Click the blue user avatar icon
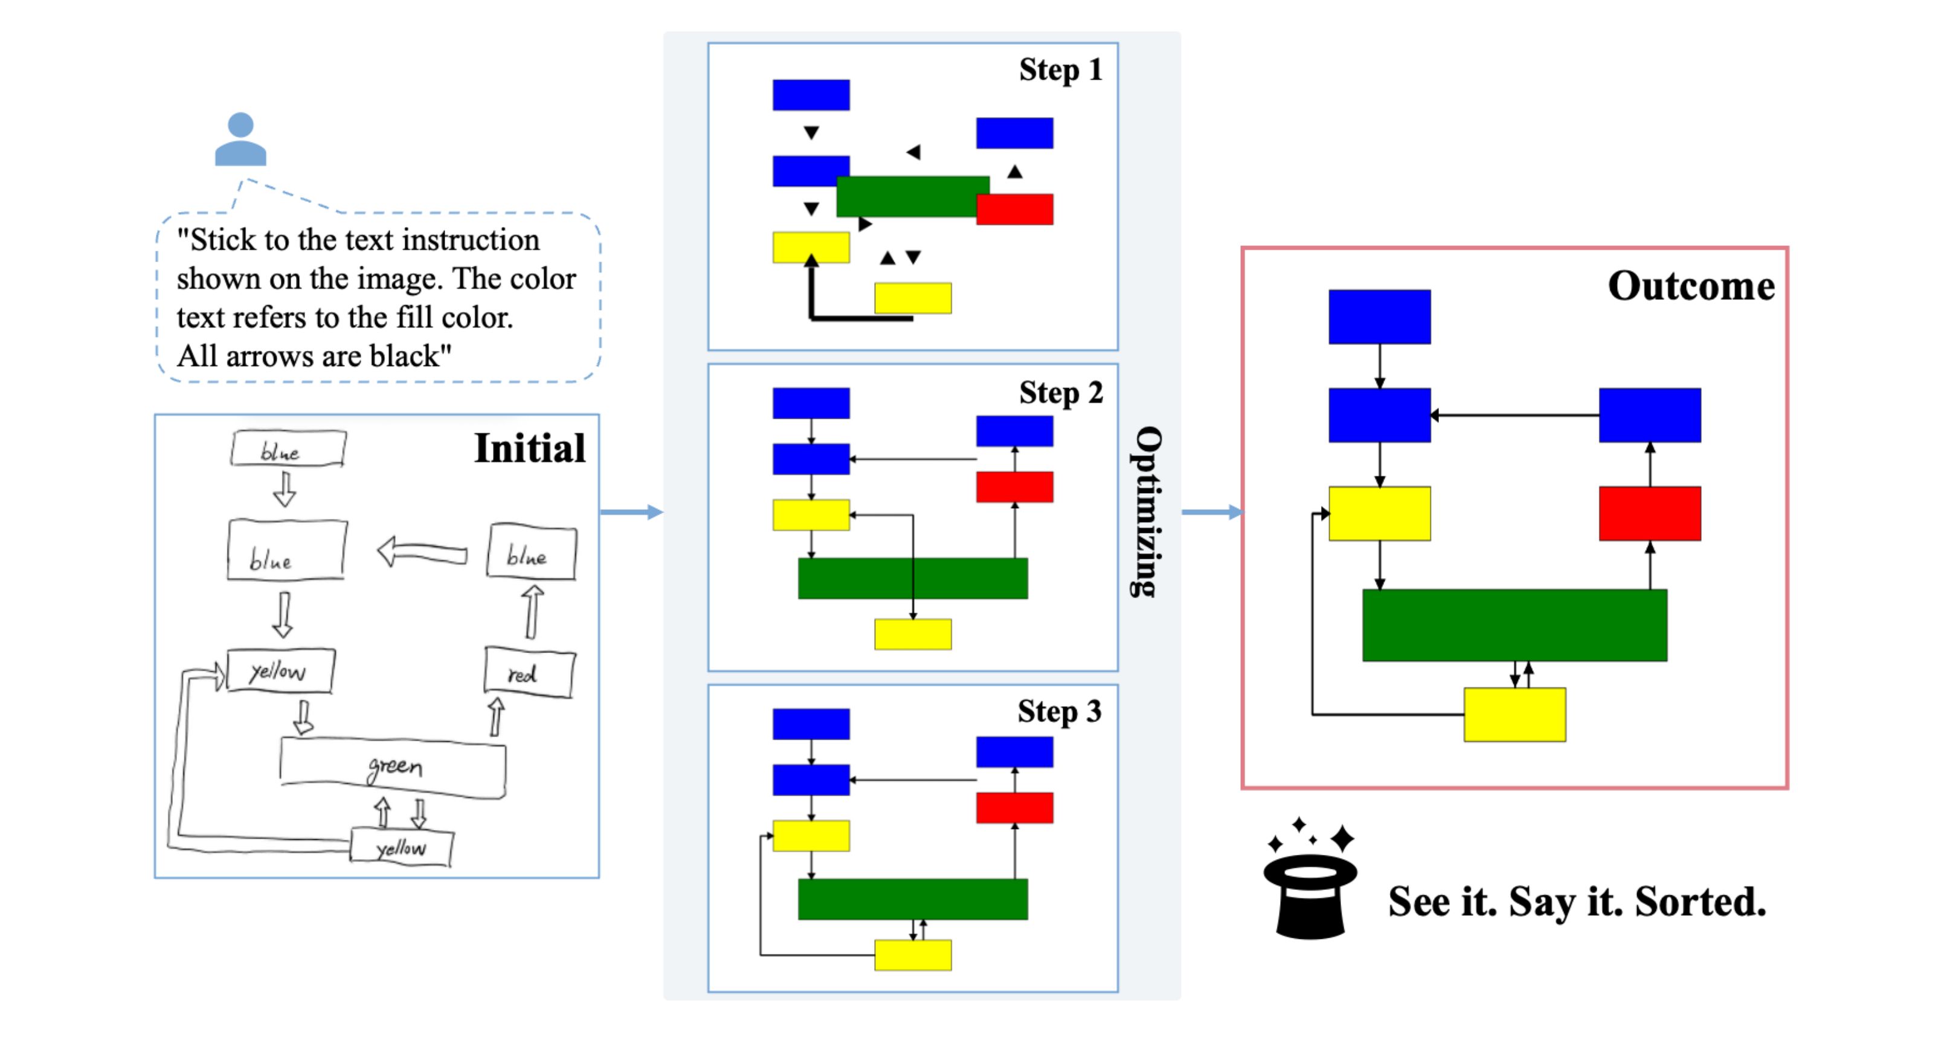tap(240, 140)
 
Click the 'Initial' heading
tap(529, 448)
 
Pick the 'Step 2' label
tap(1060, 393)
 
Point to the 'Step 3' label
tap(1058, 712)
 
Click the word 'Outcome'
tap(1690, 286)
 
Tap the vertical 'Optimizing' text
tap(1146, 512)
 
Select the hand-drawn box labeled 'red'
tap(529, 672)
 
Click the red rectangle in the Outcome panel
tap(1650, 514)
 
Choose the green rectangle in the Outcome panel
tap(1514, 625)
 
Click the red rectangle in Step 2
tap(1014, 487)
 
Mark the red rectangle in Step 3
tap(1014, 808)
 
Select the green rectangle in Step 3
tap(912, 898)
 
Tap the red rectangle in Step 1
tap(1014, 210)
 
